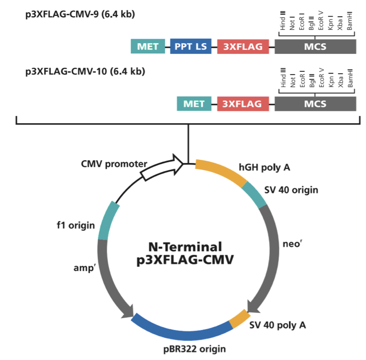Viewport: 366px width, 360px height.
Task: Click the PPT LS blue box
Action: pos(190,46)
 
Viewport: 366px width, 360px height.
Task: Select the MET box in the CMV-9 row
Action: pos(148,46)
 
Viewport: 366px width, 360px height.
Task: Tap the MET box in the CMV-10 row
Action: pos(194,104)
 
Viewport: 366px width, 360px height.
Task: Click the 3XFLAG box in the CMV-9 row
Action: pos(243,46)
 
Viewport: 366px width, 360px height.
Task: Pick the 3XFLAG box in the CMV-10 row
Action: pos(243,104)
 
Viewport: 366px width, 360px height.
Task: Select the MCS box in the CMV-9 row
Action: pos(315,46)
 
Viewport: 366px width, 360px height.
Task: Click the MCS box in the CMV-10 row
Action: pos(315,104)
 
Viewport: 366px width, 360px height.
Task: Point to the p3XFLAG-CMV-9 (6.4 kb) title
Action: pos(80,14)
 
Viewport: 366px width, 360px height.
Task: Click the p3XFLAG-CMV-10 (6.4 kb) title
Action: pos(82,72)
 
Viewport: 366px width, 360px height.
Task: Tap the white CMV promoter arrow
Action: pos(162,168)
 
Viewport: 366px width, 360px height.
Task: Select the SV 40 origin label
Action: pos(291,190)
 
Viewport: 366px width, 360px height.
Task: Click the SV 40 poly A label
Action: pos(277,326)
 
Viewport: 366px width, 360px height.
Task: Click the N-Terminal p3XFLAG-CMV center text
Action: pos(185,253)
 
